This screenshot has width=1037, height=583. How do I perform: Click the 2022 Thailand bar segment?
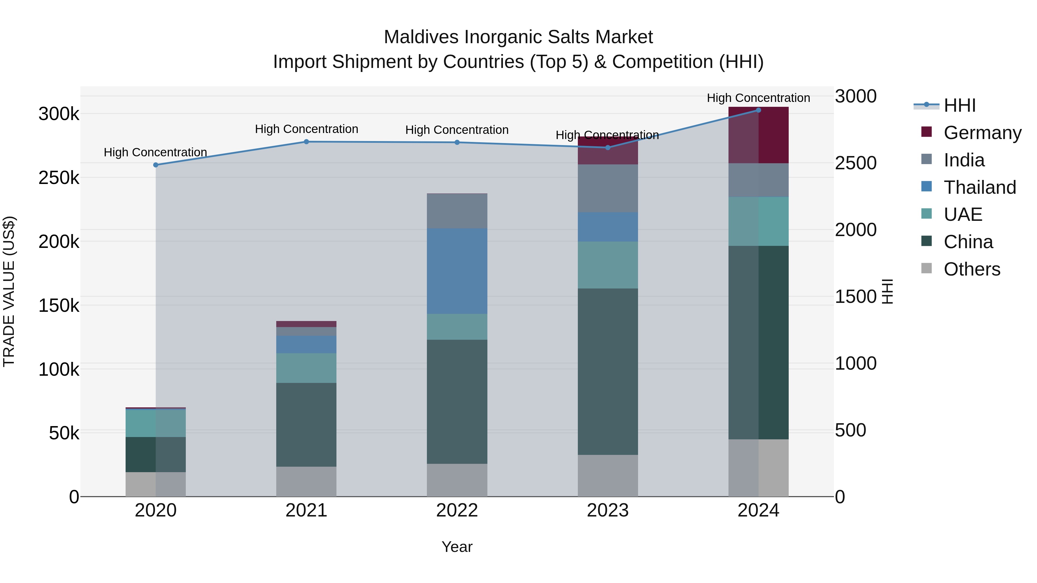pos(457,271)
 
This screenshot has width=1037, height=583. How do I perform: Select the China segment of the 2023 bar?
pos(608,371)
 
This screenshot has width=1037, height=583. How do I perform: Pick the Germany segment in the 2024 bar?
pos(758,135)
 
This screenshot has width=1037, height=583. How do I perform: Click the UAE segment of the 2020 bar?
pos(156,423)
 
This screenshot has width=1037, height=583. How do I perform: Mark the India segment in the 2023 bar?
pos(608,188)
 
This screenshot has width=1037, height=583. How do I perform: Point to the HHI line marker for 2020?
pos(156,165)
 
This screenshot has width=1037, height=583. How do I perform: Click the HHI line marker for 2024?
pos(758,110)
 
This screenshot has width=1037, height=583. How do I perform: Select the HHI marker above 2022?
pos(457,143)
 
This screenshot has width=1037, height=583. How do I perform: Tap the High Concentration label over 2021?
pos(306,129)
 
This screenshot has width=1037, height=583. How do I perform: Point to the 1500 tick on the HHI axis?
pos(856,297)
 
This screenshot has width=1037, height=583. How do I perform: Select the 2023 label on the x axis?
pos(608,510)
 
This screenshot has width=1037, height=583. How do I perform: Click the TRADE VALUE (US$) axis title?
pos(9,291)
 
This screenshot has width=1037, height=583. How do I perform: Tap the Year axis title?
pos(457,547)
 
